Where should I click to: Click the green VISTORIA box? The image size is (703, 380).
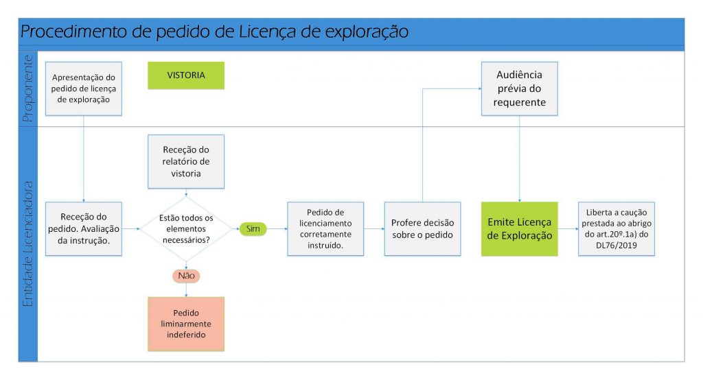[186, 75]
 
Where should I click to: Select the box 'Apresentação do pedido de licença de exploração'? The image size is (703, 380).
[83, 88]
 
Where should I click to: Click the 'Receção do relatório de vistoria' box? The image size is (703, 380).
[186, 161]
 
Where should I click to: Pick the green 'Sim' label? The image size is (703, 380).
[252, 228]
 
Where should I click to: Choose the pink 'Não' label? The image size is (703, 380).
[186, 275]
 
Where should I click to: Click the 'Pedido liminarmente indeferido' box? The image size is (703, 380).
[186, 324]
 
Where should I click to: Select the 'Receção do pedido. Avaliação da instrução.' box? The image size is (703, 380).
[83, 228]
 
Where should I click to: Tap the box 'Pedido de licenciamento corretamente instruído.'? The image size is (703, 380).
[325, 228]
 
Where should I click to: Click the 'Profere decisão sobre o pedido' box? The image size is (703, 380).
[422, 228]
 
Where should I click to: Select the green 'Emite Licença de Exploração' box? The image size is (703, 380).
[519, 228]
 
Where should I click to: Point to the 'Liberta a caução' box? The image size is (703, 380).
[616, 228]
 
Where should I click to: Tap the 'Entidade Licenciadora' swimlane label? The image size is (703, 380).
[27, 244]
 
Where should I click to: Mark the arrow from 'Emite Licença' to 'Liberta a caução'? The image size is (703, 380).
[568, 228]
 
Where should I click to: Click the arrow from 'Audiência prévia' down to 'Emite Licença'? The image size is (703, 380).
[519, 158]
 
